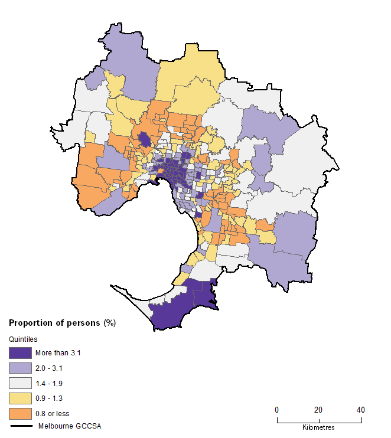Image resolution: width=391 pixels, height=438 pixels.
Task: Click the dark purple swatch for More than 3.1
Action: click(20, 353)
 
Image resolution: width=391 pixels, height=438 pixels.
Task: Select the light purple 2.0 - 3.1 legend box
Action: click(20, 368)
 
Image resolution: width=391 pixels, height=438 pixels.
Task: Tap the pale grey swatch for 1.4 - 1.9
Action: click(20, 383)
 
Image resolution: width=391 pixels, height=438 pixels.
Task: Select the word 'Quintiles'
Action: click(22, 339)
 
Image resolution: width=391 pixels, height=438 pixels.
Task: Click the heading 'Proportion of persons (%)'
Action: click(62, 323)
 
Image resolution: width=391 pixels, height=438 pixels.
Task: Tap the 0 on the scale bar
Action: click(277, 410)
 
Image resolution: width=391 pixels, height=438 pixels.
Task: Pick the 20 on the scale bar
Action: click(318, 410)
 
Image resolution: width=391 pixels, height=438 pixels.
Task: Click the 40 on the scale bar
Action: click(360, 410)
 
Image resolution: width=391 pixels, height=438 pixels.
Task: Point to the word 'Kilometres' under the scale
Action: click(318, 427)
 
